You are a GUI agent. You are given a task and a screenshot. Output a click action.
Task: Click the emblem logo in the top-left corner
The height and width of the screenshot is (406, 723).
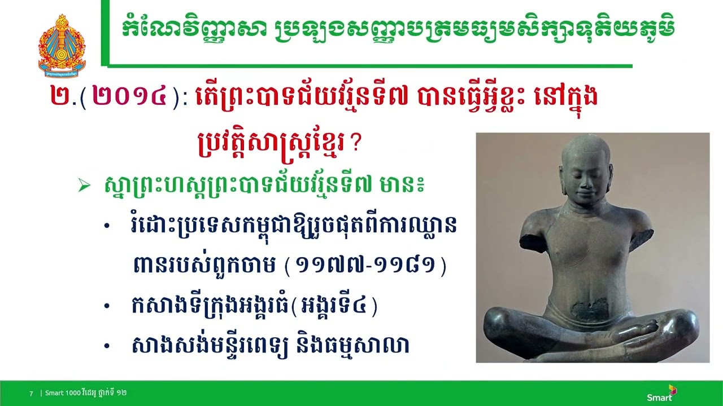[x=62, y=45]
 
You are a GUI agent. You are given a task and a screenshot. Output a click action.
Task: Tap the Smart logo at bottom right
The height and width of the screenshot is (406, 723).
[x=662, y=393]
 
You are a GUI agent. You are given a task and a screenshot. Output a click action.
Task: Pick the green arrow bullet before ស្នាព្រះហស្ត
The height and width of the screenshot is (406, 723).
[x=84, y=185]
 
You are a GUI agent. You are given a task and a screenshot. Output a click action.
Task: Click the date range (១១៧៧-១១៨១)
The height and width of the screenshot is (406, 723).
[x=365, y=265]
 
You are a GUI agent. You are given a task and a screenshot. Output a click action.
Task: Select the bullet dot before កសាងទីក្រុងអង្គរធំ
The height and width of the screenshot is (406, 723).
[x=107, y=306]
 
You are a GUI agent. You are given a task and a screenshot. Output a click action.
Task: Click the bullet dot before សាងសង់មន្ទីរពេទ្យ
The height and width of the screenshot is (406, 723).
[x=107, y=345]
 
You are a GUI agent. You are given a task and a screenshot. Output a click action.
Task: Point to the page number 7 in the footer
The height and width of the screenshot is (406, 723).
[x=31, y=393]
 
